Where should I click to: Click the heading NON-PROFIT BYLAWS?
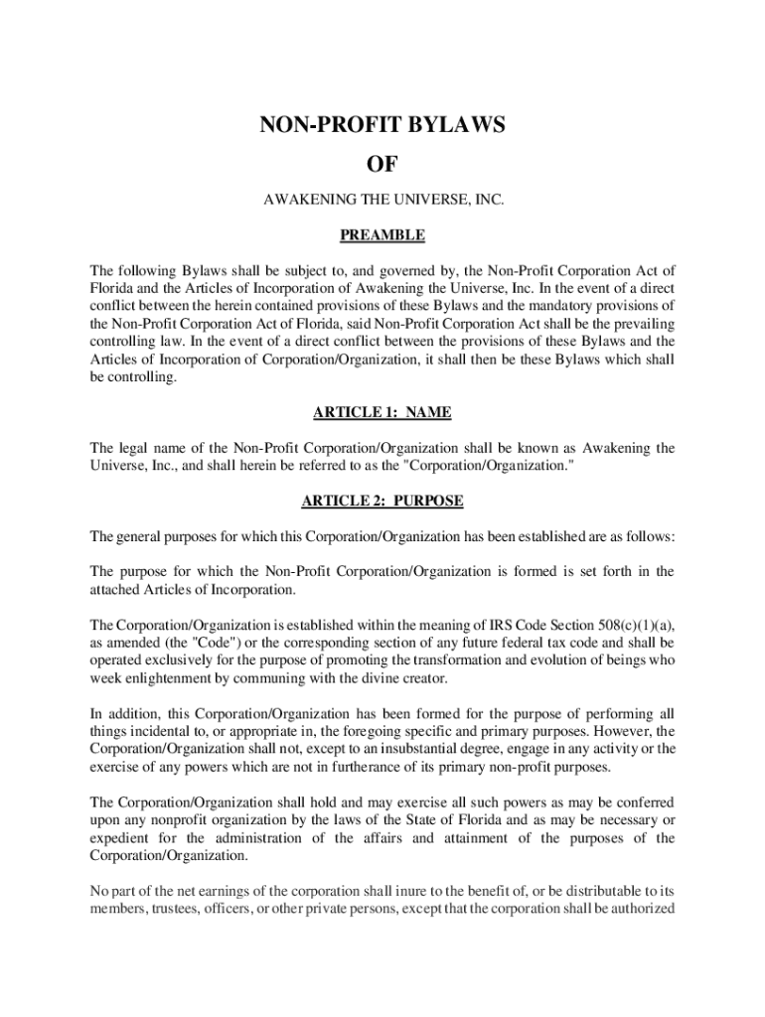click(382, 125)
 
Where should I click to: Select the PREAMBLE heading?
click(382, 235)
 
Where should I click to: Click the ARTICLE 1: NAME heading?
click(382, 412)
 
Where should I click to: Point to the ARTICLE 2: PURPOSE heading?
click(382, 501)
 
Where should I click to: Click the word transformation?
click(476, 660)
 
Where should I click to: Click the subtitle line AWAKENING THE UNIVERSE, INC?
click(382, 201)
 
